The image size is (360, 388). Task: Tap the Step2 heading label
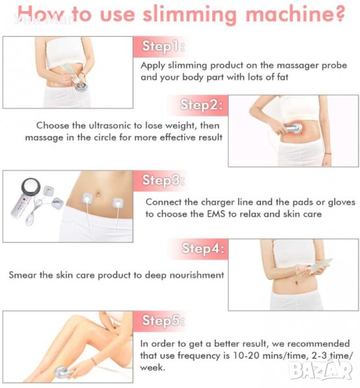pos(201,105)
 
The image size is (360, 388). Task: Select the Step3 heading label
pos(164,180)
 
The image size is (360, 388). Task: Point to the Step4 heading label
pos(203,248)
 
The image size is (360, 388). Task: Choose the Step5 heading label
pos(164,321)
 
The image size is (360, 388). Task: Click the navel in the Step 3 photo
pos(98,193)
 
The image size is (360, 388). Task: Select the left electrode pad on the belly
pos(87,199)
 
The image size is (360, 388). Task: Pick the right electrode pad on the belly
pos(118,203)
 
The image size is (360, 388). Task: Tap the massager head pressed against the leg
pos(62,372)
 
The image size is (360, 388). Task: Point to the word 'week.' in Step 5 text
pos(152,367)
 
